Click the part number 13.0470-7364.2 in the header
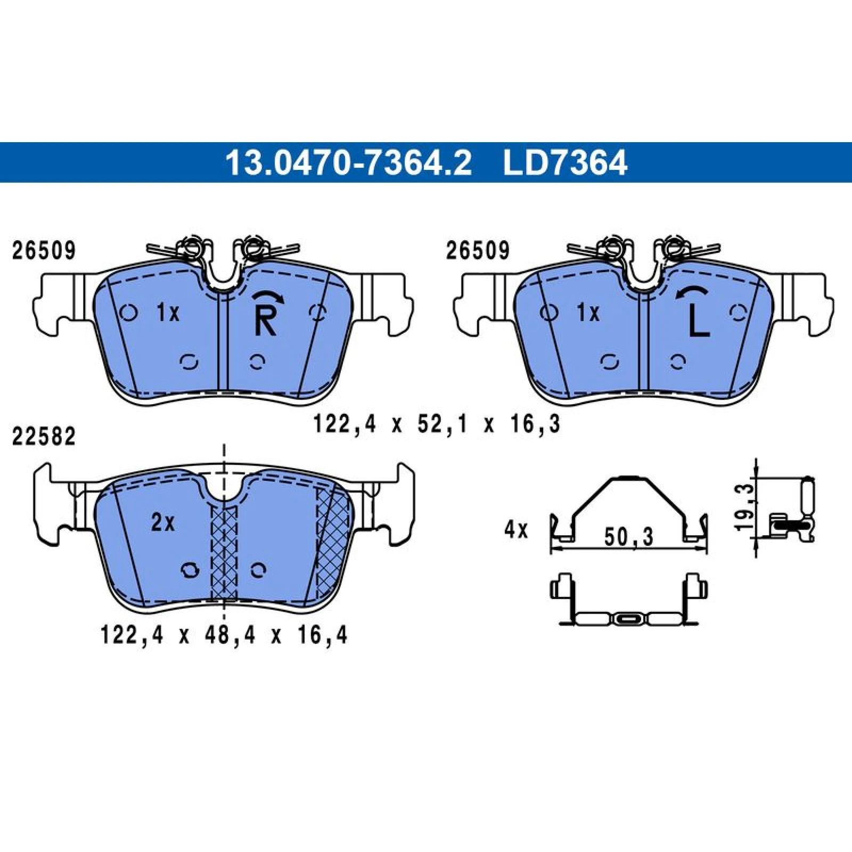click(x=348, y=163)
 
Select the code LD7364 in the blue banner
click(x=566, y=163)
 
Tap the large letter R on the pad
click(x=266, y=322)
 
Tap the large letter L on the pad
click(x=698, y=322)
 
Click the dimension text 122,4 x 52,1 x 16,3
click(x=436, y=424)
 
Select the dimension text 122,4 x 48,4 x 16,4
click(x=224, y=635)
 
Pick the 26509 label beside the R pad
click(x=44, y=250)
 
